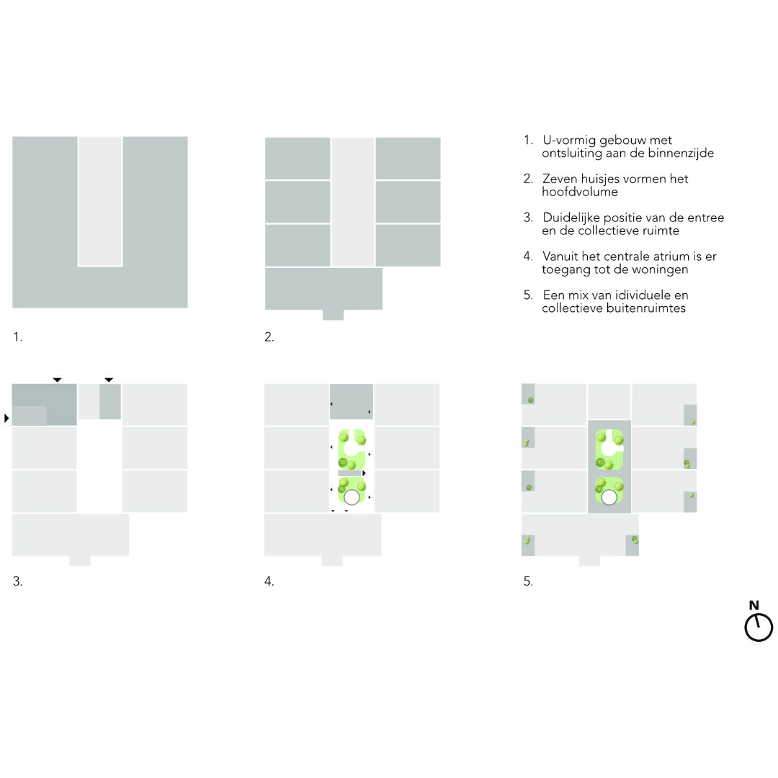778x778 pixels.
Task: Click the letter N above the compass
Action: coord(754,605)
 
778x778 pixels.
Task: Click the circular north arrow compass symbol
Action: coord(759,627)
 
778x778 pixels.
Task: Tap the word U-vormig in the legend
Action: coord(569,140)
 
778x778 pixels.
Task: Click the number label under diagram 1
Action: coord(17,337)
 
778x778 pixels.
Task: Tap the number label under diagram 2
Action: coord(269,337)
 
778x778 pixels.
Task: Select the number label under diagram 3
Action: coord(17,581)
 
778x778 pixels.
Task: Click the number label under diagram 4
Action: coord(269,581)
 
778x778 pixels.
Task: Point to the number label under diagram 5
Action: coord(528,581)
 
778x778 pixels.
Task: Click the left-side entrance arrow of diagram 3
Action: coord(6,419)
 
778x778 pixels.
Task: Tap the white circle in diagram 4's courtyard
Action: coord(352,497)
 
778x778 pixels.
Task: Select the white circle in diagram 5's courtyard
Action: coord(609,497)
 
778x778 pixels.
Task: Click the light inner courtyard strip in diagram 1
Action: coord(100,202)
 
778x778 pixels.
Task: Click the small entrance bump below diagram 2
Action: coord(333,315)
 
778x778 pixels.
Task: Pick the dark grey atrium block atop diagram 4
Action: coord(352,401)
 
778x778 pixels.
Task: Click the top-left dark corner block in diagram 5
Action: coord(528,394)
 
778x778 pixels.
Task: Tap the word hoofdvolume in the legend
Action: coord(579,192)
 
